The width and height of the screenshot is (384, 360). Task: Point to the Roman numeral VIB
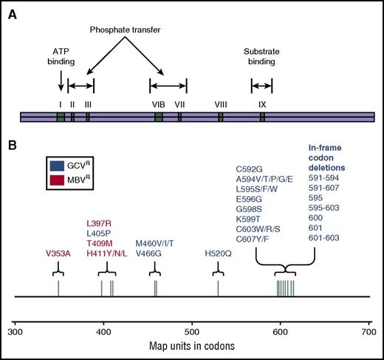(158, 104)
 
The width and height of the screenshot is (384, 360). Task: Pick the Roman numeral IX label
(262, 104)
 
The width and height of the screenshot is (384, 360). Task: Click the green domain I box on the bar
(61, 117)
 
